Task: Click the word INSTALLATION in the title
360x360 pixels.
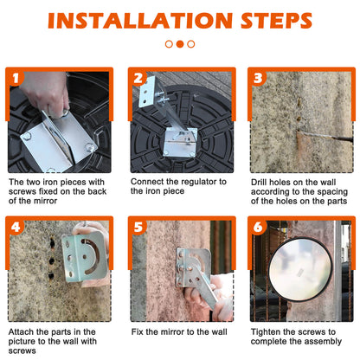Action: [140, 21]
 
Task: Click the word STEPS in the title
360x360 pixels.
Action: [276, 21]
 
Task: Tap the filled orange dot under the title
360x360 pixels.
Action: [180, 44]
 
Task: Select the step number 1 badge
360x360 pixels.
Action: [16, 78]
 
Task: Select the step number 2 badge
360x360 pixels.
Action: [138, 78]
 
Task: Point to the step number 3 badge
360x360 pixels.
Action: [258, 78]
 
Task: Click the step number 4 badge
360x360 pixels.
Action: [16, 228]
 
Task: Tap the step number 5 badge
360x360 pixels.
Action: [138, 228]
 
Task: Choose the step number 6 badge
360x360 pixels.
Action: [258, 228]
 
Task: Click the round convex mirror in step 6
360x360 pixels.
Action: [300, 269]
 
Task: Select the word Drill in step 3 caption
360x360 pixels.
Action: [258, 183]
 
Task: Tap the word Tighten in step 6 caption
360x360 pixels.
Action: [265, 332]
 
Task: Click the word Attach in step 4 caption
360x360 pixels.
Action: [21, 331]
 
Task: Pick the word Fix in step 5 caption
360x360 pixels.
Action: [137, 331]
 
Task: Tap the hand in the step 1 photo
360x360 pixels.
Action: [46, 93]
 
